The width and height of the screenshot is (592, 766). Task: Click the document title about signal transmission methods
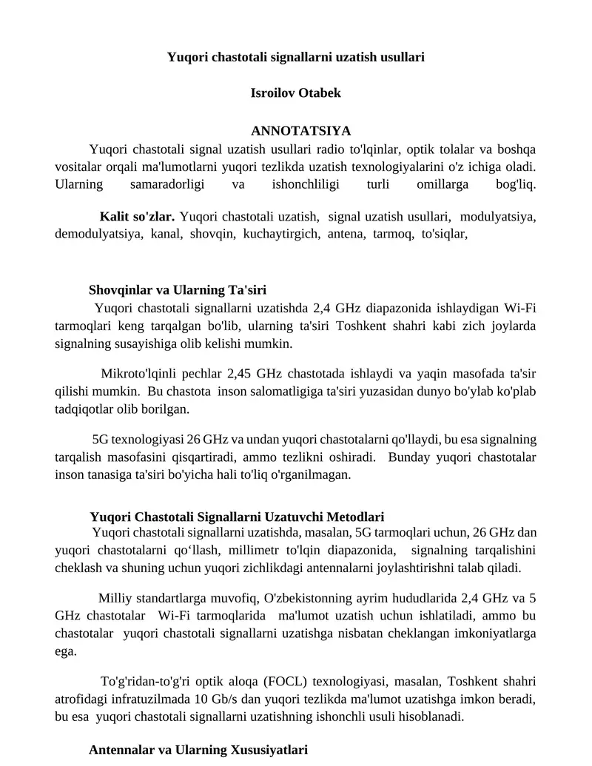click(x=295, y=56)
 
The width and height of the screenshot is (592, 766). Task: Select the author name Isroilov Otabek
click(x=296, y=93)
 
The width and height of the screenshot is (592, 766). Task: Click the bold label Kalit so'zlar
click(x=137, y=217)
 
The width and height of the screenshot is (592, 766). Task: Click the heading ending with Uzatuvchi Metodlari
click(x=237, y=516)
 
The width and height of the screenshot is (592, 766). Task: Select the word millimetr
click(x=271, y=550)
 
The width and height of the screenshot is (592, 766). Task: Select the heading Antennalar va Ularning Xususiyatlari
click(x=198, y=750)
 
